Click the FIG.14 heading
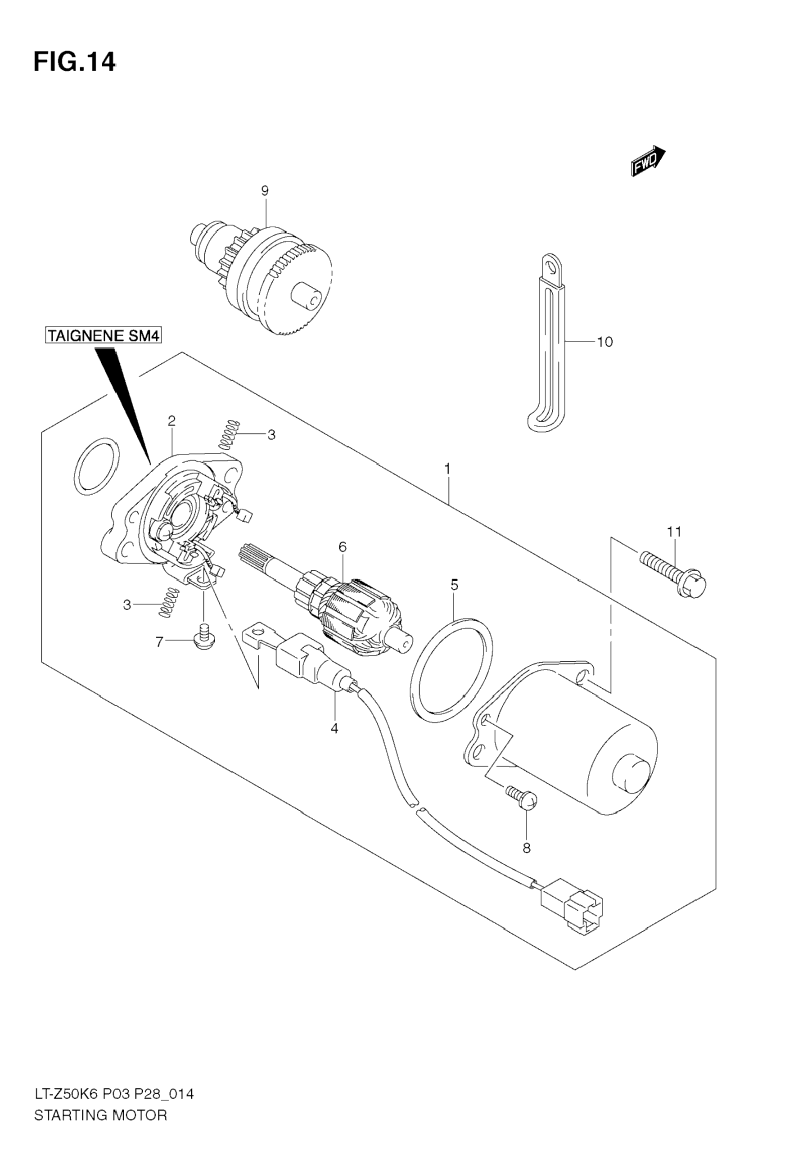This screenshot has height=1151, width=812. [x=74, y=63]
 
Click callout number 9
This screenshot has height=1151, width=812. [x=265, y=190]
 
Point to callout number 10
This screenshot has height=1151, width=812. [x=605, y=342]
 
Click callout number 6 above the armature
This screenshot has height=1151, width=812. [x=343, y=547]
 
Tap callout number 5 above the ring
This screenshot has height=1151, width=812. [x=454, y=585]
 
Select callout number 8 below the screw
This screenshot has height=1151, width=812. [x=526, y=848]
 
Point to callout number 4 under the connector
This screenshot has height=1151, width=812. [x=334, y=728]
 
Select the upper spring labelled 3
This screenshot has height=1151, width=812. [x=228, y=433]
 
